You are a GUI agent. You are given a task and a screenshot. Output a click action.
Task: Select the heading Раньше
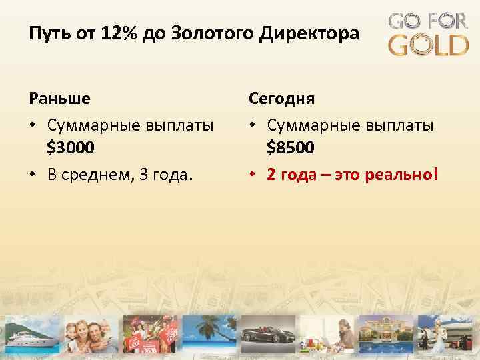pyautogui.click(x=60, y=99)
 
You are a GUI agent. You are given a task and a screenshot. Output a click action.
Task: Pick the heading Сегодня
pyautogui.click(x=282, y=99)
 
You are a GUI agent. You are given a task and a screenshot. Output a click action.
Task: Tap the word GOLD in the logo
pyautogui.click(x=429, y=45)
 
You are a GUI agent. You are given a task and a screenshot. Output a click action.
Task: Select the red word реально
pyautogui.click(x=404, y=175)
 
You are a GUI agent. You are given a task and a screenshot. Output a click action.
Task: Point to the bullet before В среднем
pyautogui.click(x=33, y=175)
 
